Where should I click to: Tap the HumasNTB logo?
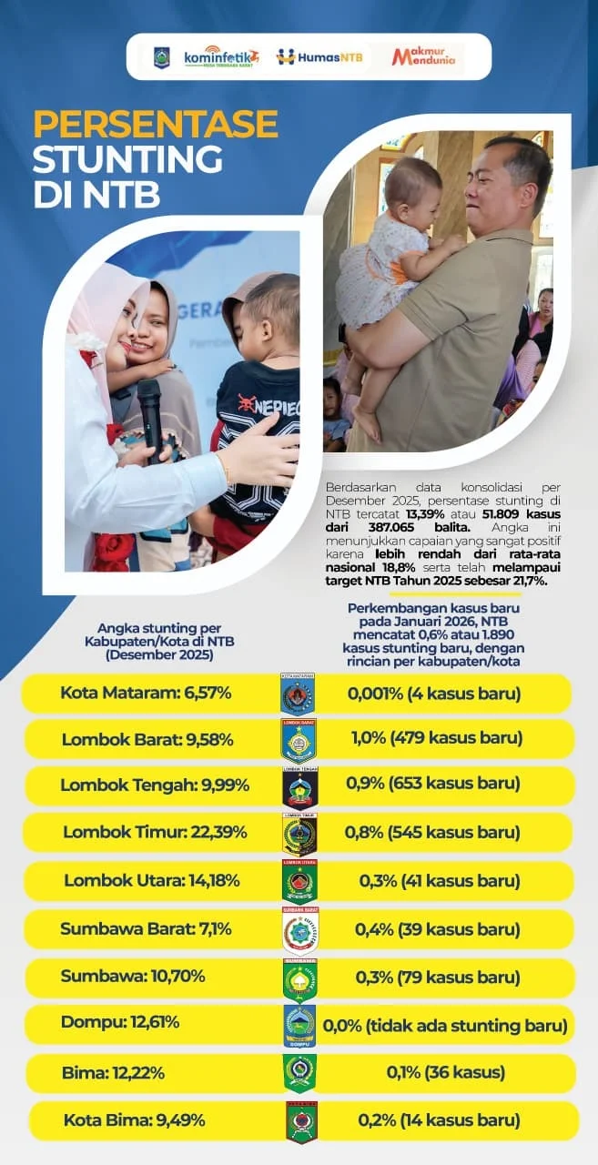tap(319, 57)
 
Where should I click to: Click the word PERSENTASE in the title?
tap(156, 125)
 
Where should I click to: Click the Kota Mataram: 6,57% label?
tap(146, 693)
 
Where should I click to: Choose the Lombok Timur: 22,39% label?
tap(155, 832)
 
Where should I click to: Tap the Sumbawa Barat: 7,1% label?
tap(150, 929)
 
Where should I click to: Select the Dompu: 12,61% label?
tap(120, 1021)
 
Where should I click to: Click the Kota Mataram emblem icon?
tap(299, 694)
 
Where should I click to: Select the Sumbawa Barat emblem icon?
tap(299, 930)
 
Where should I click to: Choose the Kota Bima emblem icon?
tap(300, 1121)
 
